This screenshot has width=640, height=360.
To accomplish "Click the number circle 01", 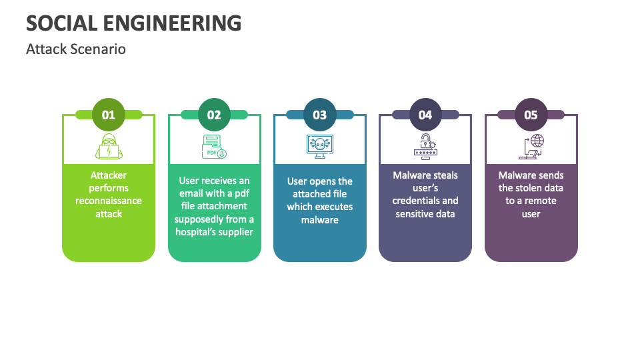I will click(108, 115).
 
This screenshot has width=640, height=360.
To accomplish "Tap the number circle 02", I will click(214, 115).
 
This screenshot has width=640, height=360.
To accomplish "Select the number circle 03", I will click(320, 115).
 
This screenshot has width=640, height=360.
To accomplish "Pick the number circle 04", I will click(425, 115).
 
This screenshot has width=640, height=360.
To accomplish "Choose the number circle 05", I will click(531, 115).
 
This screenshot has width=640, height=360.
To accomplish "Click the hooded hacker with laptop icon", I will click(108, 146).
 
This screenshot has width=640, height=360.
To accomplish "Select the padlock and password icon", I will click(425, 146).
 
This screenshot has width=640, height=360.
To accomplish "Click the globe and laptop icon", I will click(531, 146).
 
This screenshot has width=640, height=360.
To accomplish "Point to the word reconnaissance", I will click(109, 201).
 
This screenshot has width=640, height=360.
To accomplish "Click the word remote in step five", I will click(540, 201).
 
